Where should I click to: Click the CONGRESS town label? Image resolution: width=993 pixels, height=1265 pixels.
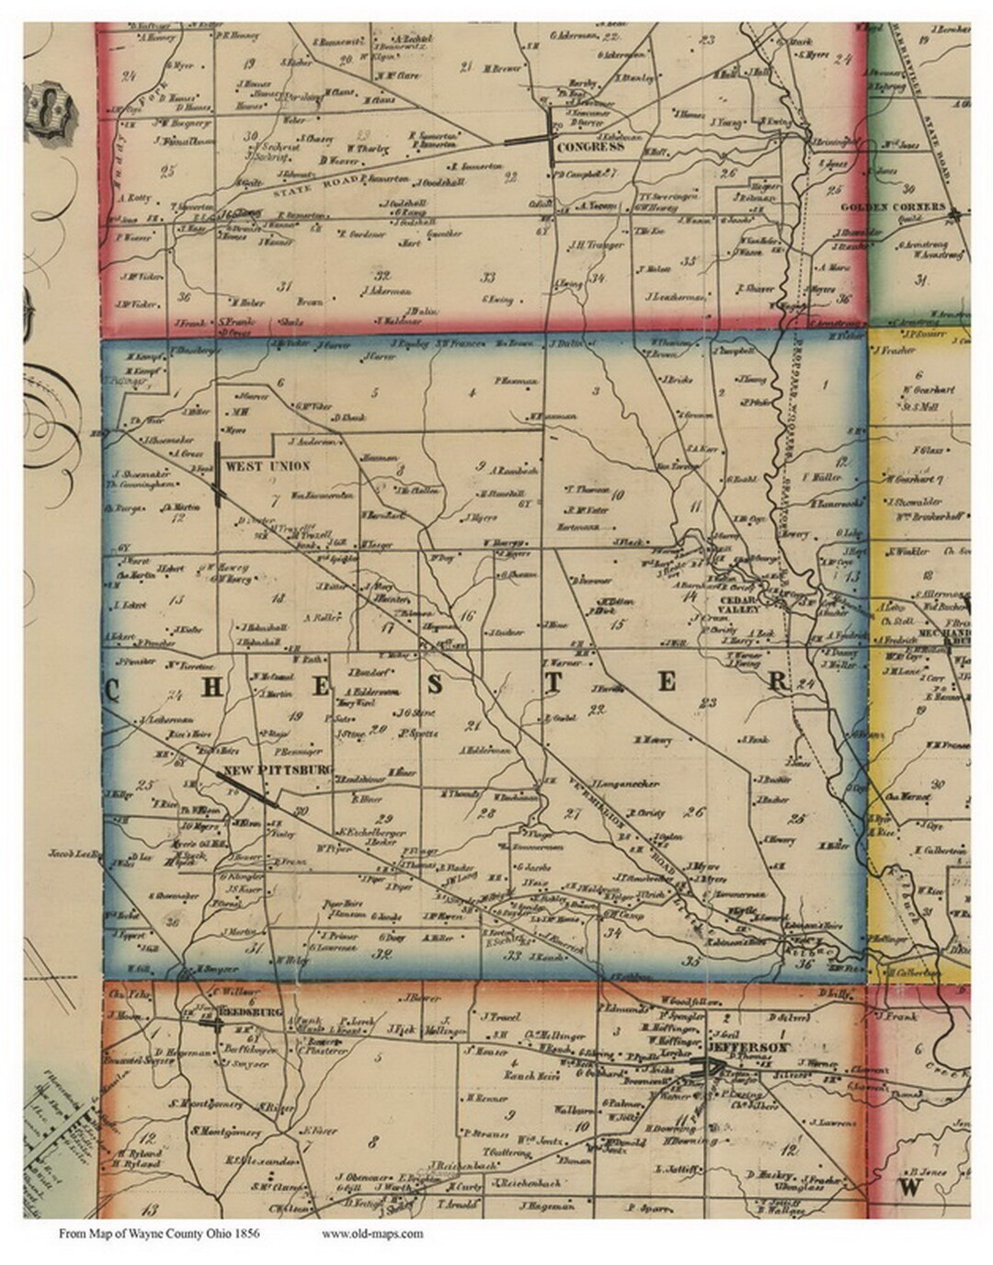(x=591, y=147)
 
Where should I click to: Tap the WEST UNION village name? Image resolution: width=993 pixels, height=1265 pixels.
(x=268, y=466)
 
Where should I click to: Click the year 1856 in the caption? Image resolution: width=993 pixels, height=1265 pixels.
(x=245, y=1234)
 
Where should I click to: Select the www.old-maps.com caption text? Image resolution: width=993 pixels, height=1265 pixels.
(x=373, y=1234)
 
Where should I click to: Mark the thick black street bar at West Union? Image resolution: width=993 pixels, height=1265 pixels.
(x=217, y=474)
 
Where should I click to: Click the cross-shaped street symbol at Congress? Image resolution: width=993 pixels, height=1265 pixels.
(x=550, y=139)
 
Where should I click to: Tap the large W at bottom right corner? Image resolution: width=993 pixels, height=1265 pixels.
(x=911, y=1186)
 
